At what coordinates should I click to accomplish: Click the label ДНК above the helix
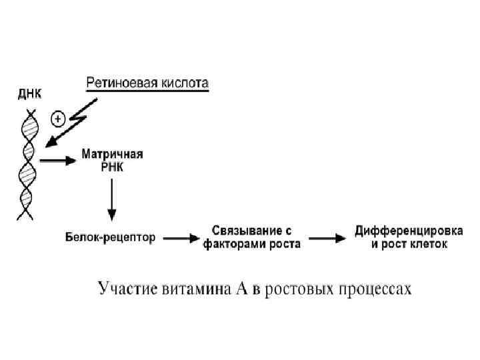[x=28, y=95]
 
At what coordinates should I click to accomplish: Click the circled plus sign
[x=58, y=119]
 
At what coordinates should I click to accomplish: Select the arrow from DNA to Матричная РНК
[x=56, y=161]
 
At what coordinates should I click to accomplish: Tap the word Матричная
[x=112, y=154]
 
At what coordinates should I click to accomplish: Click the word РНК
[x=111, y=167]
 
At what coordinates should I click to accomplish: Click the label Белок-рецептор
[x=111, y=237]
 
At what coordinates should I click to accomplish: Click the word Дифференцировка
[x=409, y=231]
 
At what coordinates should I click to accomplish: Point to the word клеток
[x=427, y=244]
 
